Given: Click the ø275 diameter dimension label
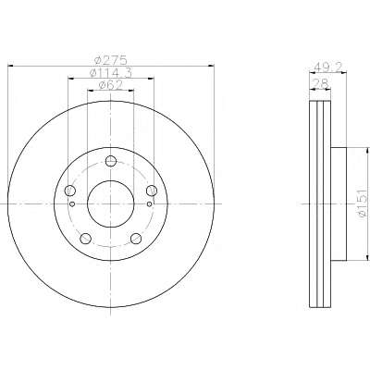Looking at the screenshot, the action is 111,60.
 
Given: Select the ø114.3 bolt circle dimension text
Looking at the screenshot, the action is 111,73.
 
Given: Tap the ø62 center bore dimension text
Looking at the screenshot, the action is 111,85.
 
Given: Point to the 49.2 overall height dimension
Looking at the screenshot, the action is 328,67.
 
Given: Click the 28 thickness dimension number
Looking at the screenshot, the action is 319,83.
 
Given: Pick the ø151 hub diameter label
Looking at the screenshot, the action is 364,203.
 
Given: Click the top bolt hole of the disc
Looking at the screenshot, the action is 111,161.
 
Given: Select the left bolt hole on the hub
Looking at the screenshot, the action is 70,191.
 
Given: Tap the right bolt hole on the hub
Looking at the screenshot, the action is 152,191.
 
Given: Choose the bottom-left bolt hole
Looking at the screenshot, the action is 85,239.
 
